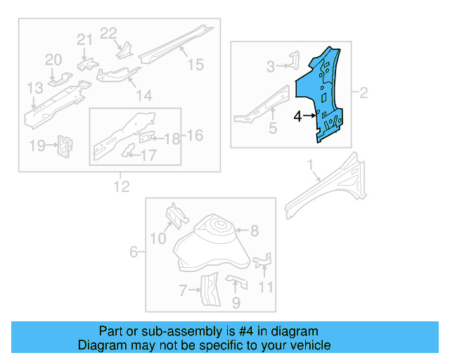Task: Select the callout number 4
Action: tap(297, 117)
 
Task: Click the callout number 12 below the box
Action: tap(122, 186)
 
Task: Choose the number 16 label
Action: tap(195, 135)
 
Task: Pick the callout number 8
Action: tap(255, 230)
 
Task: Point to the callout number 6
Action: tap(134, 252)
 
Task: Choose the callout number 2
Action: tap(364, 92)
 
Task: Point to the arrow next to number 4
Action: tap(309, 117)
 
